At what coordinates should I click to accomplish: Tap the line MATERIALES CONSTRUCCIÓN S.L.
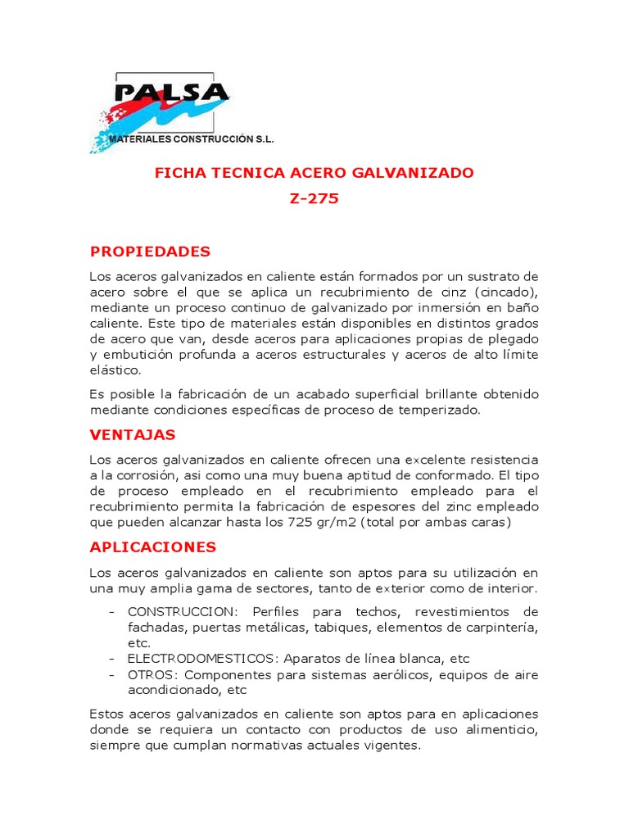pyautogui.click(x=192, y=139)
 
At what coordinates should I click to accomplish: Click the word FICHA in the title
pyautogui.click(x=178, y=174)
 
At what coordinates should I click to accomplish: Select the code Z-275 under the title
pyautogui.click(x=314, y=198)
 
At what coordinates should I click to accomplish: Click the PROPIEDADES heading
pyautogui.click(x=150, y=252)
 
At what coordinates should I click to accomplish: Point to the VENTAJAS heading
pyautogui.click(x=133, y=434)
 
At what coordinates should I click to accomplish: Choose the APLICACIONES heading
pyautogui.click(x=153, y=546)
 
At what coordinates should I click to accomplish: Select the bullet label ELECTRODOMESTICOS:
pyautogui.click(x=201, y=659)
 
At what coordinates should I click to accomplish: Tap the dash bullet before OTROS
pyautogui.click(x=111, y=674)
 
